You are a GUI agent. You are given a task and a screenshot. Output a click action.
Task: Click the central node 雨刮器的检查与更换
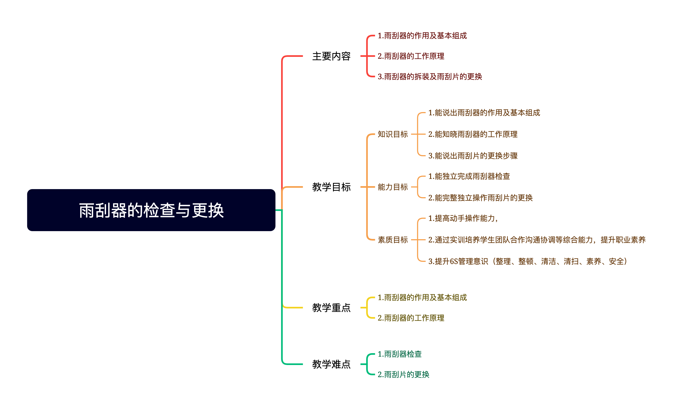(x=151, y=210)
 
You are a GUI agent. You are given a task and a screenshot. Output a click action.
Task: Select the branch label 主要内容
(x=331, y=56)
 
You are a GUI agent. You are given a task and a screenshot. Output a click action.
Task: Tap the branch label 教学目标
(x=331, y=187)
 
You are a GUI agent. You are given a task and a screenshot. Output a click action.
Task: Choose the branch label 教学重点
(x=331, y=308)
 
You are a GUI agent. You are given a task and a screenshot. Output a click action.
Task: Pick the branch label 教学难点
(x=331, y=364)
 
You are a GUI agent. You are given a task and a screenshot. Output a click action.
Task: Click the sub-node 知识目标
(x=393, y=134)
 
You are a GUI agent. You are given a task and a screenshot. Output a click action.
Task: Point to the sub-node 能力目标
(x=393, y=187)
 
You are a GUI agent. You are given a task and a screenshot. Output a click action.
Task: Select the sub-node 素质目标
(x=393, y=240)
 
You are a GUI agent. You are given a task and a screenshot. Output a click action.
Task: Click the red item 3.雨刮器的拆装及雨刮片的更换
(x=430, y=77)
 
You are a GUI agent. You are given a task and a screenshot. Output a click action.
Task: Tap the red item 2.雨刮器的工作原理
(x=411, y=56)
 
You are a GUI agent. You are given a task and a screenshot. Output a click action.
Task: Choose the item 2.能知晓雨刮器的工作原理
(x=473, y=134)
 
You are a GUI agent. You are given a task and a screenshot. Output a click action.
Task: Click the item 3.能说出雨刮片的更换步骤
(x=473, y=156)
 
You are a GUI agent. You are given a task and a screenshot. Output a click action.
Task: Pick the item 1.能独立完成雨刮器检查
(x=469, y=176)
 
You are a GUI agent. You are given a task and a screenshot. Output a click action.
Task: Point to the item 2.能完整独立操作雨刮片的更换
(x=480, y=198)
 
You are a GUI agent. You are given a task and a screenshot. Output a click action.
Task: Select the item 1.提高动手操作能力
(x=463, y=218)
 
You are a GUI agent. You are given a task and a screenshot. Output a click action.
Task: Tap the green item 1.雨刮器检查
(x=399, y=354)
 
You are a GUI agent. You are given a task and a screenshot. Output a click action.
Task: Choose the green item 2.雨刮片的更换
(x=404, y=374)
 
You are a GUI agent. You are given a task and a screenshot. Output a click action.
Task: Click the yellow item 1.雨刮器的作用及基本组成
(x=422, y=297)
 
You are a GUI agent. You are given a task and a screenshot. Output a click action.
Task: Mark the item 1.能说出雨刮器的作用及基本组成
(x=484, y=113)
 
